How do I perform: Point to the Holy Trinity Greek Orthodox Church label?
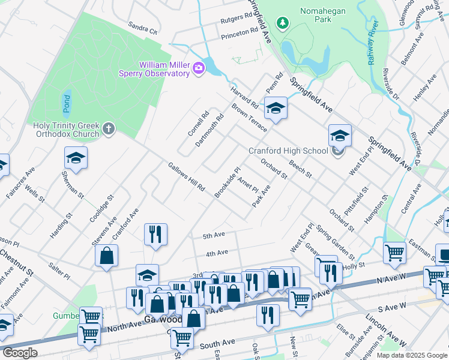pos(66,130)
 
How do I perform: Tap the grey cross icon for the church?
pos(108,128)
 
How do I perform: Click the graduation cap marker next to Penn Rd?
pos(276,108)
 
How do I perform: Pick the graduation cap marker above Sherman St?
pos(76,158)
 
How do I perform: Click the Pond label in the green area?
pos(66,103)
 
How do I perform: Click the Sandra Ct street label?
pos(142,28)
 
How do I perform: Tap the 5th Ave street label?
pos(214,235)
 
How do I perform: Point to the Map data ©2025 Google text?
pos(411,355)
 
